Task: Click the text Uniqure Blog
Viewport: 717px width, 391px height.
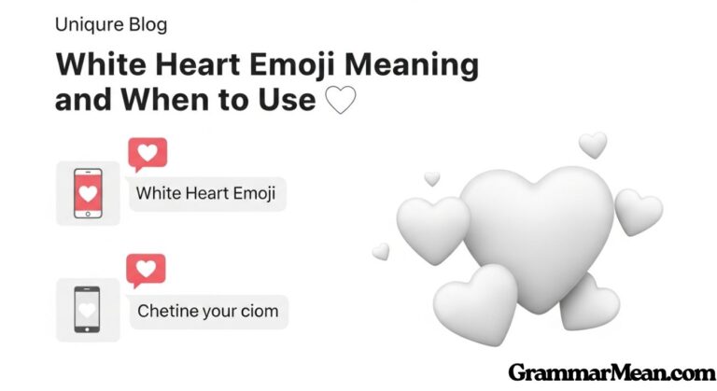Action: coord(111,25)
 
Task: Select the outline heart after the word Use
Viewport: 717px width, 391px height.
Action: coord(340,100)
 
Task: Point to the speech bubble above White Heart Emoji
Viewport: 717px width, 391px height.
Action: coord(147,155)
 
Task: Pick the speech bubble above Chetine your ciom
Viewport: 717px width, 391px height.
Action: coord(147,272)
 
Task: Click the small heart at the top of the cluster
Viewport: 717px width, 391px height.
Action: coord(592,144)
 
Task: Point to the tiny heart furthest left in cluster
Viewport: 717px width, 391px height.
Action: coord(381,250)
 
